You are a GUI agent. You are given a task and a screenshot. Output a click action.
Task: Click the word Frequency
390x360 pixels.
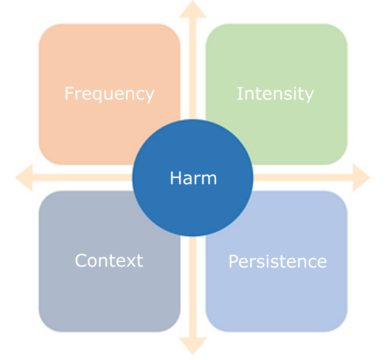pyautogui.click(x=110, y=94)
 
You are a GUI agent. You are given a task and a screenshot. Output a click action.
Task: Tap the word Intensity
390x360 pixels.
pyautogui.click(x=275, y=94)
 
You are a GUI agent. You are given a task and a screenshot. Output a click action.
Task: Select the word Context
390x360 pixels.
pyautogui.click(x=109, y=261)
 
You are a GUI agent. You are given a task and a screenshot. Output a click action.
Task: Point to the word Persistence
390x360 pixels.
pyautogui.click(x=278, y=261)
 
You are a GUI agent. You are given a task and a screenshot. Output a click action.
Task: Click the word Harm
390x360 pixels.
pyautogui.click(x=193, y=178)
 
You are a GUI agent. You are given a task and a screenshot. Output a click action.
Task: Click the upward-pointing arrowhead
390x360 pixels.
pyautogui.click(x=193, y=9)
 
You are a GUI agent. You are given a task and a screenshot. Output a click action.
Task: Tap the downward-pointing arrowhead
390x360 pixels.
pyautogui.click(x=193, y=346)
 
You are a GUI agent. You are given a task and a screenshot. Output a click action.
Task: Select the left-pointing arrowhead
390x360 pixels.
pyautogui.click(x=24, y=177)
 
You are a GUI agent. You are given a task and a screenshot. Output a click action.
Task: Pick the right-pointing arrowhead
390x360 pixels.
pyautogui.click(x=362, y=177)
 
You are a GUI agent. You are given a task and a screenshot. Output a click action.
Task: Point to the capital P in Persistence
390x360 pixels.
pyautogui.click(x=234, y=261)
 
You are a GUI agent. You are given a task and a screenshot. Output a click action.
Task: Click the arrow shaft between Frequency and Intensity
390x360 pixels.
pyautogui.click(x=193, y=69)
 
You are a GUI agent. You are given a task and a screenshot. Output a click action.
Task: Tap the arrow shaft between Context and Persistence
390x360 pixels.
pyautogui.click(x=193, y=287)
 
